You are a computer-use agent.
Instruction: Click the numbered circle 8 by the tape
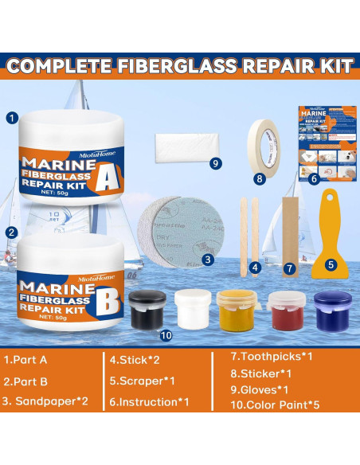[259, 179]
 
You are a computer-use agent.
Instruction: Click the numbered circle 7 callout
[289, 268]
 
